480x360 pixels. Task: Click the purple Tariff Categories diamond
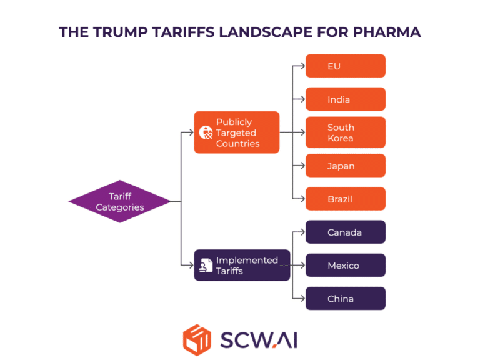coord(119,201)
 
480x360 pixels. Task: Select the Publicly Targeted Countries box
coord(237,132)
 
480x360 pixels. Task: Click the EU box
coord(345,66)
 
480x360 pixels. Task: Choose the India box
coord(345,99)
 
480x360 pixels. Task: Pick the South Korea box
coord(345,132)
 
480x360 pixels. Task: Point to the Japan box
coord(345,166)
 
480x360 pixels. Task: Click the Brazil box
coord(345,199)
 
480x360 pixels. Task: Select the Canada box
coord(345,232)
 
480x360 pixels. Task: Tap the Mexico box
coord(345,266)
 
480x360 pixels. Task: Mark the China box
coord(345,299)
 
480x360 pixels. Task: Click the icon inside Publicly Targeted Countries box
coord(206,132)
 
